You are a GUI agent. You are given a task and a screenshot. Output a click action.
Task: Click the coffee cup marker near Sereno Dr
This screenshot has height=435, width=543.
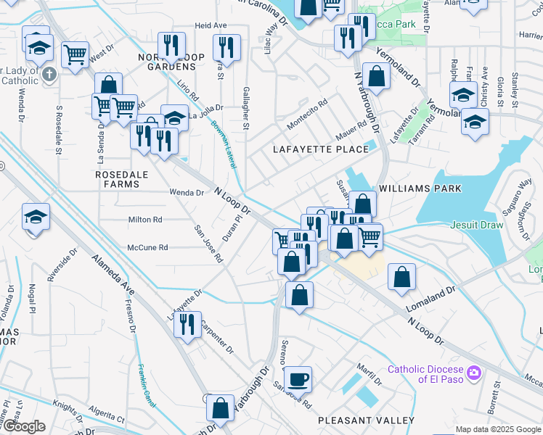297,379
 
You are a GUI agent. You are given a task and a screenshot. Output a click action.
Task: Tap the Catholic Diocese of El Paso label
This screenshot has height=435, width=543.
425,373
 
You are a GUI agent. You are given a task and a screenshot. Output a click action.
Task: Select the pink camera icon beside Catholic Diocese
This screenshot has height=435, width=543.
475,372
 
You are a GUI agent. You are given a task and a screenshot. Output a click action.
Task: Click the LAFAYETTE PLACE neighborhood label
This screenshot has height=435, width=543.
321,149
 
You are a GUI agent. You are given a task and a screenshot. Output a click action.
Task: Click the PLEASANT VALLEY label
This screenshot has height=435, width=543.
367,420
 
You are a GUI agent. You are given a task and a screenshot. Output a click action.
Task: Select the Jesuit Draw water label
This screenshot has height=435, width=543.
476,225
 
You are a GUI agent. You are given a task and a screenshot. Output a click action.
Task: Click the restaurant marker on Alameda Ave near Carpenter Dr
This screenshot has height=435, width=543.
187,323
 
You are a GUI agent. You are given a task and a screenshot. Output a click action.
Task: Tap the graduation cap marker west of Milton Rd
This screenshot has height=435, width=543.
36,218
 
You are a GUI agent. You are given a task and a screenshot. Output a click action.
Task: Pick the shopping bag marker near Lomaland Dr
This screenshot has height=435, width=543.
401,277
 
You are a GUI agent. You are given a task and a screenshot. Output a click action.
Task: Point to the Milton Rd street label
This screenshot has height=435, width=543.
145,220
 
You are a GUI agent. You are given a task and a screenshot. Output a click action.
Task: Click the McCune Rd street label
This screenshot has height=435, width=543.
147,247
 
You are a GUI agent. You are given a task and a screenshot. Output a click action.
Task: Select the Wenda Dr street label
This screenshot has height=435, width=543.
186,193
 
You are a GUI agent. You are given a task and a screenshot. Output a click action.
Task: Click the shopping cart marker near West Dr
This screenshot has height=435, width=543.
75,54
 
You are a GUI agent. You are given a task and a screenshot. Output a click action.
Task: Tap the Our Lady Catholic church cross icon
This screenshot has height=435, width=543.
49,73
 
